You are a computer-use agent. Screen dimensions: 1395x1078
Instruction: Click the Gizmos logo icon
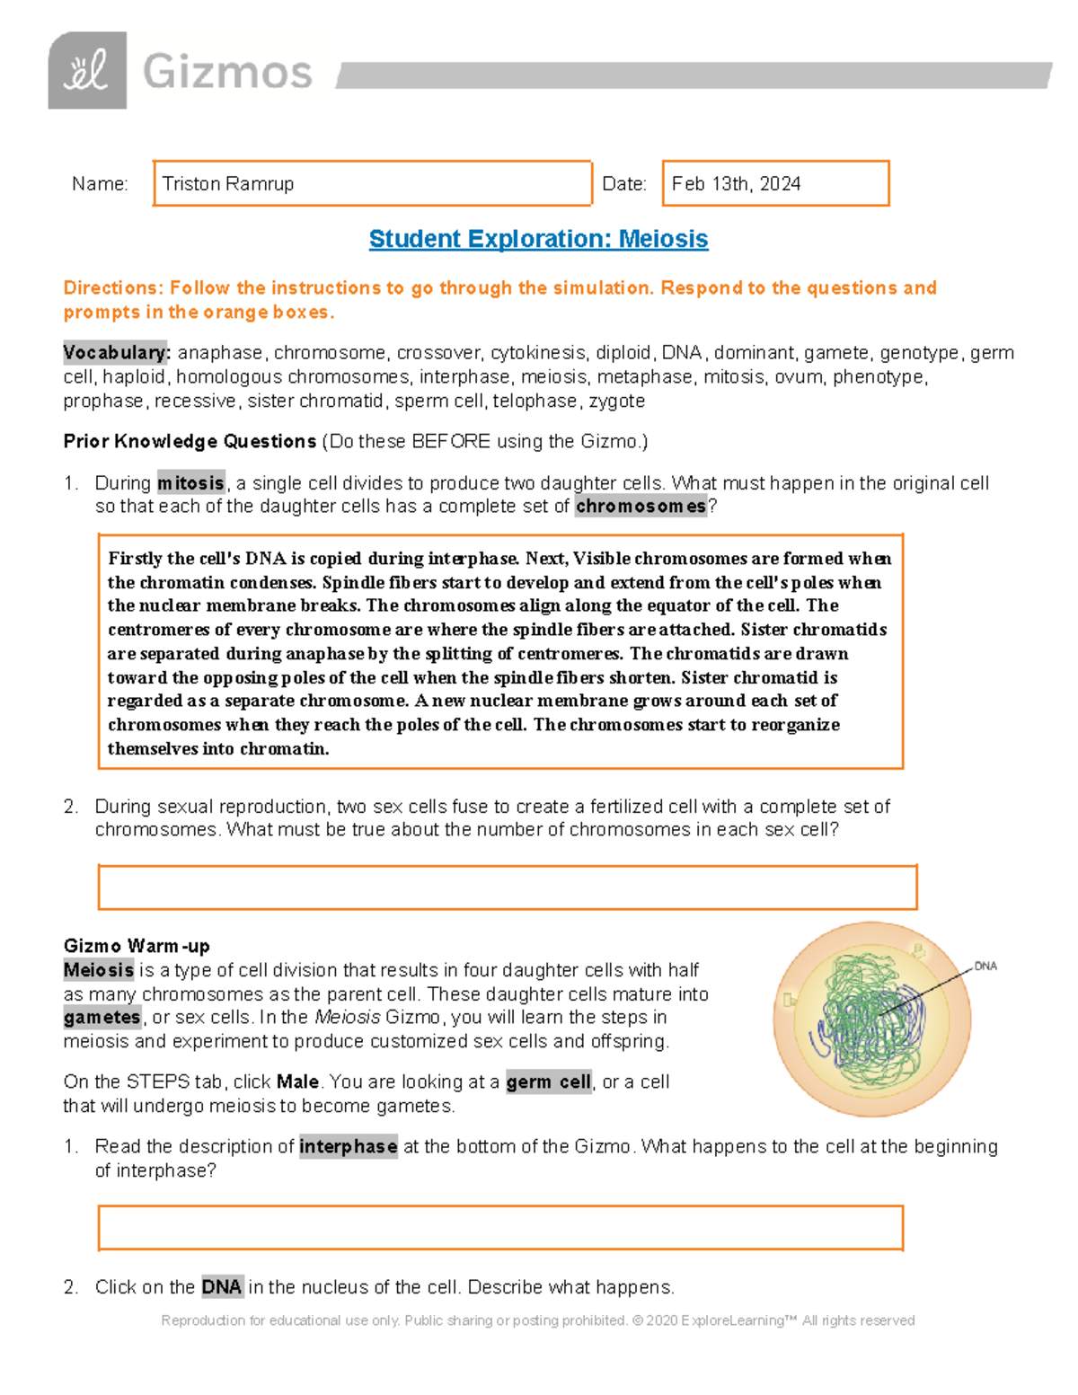[x=87, y=71]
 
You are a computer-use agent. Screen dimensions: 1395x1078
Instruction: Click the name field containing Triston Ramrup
[x=372, y=183]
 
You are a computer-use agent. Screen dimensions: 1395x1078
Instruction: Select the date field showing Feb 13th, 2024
[x=775, y=183]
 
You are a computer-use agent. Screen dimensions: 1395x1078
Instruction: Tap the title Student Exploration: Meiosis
[x=538, y=239]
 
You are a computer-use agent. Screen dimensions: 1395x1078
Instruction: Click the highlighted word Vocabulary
[x=116, y=352]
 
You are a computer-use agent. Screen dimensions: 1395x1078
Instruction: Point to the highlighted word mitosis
[x=190, y=483]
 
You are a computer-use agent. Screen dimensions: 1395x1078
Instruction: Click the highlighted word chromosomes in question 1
[x=641, y=507]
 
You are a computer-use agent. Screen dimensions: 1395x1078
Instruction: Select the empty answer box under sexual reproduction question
[x=507, y=887]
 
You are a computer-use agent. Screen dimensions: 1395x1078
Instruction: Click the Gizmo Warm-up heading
[x=137, y=946]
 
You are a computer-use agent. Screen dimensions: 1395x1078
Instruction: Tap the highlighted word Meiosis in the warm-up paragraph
[x=99, y=970]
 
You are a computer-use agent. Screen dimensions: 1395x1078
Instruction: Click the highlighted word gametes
[x=102, y=1018]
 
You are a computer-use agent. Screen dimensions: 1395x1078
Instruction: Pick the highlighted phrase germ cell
[x=549, y=1082]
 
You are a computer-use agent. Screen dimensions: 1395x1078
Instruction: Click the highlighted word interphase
[x=349, y=1147]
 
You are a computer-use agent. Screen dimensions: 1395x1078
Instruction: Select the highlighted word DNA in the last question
[x=221, y=1287]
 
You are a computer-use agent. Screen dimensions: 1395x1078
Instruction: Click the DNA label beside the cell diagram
[x=985, y=967]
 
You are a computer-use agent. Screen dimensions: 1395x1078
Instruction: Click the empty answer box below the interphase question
[x=499, y=1228]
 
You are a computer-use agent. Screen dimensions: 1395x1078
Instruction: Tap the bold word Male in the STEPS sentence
[x=297, y=1082]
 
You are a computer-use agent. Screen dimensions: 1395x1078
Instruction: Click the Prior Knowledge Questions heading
[x=190, y=441]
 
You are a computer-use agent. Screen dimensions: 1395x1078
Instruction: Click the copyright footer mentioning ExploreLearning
[x=537, y=1320]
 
